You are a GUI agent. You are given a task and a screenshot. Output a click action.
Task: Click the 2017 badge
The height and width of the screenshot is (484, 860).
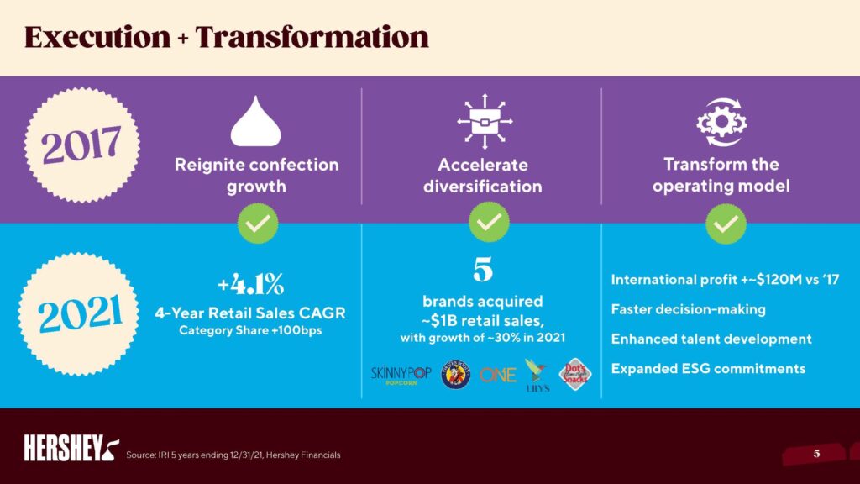81,145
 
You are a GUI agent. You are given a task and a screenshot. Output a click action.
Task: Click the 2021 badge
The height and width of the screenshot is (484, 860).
78,314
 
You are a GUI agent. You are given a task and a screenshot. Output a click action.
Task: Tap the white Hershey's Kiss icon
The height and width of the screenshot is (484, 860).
255,122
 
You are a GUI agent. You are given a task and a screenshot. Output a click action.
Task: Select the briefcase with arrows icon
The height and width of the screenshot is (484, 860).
485,121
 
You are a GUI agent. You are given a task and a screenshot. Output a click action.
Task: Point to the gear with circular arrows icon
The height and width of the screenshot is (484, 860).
721,123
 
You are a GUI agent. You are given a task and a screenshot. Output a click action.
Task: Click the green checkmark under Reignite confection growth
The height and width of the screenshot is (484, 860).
258,224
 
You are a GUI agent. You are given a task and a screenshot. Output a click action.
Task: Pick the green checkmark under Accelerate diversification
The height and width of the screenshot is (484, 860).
489,222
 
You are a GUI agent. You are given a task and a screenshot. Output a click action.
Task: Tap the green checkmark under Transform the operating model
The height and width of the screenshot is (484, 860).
726,224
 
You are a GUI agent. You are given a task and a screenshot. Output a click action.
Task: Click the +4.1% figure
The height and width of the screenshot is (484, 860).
250,284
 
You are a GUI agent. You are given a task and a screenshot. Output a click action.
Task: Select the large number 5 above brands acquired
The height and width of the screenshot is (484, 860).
483,270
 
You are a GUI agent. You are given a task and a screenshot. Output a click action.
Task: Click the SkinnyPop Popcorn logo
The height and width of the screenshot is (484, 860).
401,376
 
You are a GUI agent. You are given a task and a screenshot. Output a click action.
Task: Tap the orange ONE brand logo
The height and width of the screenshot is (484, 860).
498,376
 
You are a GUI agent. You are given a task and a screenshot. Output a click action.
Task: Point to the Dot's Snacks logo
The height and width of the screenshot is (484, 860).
575,375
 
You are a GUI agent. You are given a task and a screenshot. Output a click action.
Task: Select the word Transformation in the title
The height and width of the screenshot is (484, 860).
312,37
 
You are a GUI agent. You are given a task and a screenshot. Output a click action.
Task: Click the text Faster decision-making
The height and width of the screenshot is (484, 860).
689,309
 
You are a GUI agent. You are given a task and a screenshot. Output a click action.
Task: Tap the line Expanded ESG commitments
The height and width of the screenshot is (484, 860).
708,369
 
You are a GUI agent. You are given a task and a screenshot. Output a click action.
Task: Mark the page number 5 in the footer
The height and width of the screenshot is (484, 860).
816,453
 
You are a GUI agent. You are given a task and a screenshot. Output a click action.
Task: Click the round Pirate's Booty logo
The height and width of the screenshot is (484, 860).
456,375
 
